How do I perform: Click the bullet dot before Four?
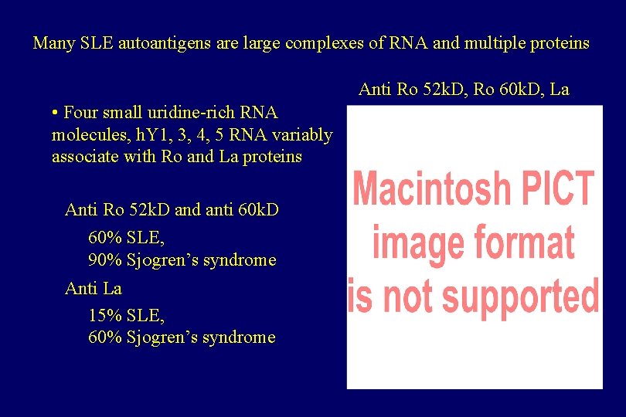[56, 113]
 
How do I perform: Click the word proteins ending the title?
[560, 43]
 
